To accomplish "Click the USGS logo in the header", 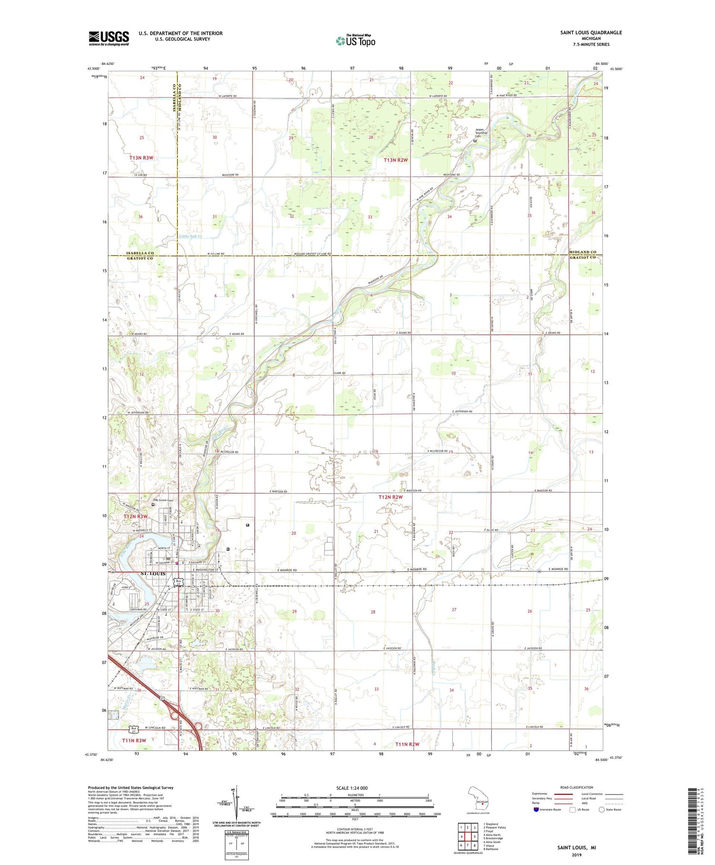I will pos(109,38).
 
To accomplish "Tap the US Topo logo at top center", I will pos(355,41).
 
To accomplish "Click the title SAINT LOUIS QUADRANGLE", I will pos(591,32).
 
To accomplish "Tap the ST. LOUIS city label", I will pos(153,573).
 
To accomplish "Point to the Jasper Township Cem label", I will pos(481,133).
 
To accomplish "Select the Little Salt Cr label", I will pos(191,236).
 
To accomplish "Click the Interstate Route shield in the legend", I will pos(536,810).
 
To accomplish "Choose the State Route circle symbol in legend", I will pos(602,810).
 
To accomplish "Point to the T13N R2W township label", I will pos(396,160).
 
